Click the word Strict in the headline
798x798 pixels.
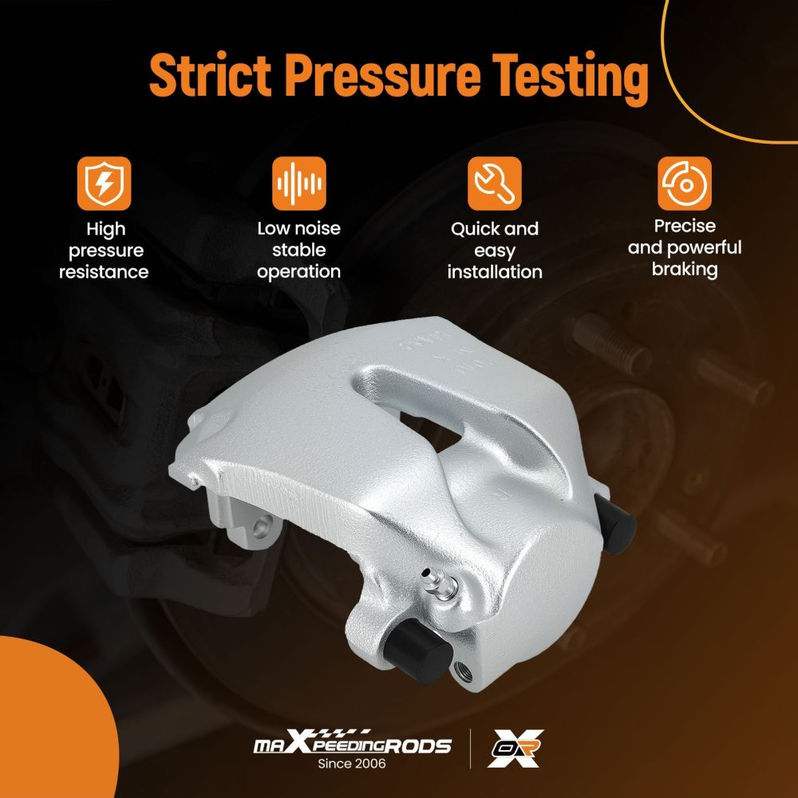click(210, 74)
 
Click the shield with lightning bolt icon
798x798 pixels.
click(105, 184)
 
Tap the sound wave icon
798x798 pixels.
click(298, 184)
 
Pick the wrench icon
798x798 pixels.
click(495, 184)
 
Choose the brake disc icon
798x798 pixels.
click(685, 184)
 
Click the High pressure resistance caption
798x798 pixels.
click(105, 251)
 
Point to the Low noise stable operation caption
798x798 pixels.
click(298, 250)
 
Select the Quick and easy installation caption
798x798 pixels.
click(495, 251)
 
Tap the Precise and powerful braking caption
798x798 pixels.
click(685, 248)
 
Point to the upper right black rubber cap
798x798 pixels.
click(615, 522)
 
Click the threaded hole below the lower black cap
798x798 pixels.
click(463, 673)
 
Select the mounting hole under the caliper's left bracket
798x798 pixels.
click(261, 527)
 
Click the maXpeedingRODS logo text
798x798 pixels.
click(353, 744)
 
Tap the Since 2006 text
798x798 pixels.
click(352, 764)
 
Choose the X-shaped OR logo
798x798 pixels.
click(515, 749)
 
